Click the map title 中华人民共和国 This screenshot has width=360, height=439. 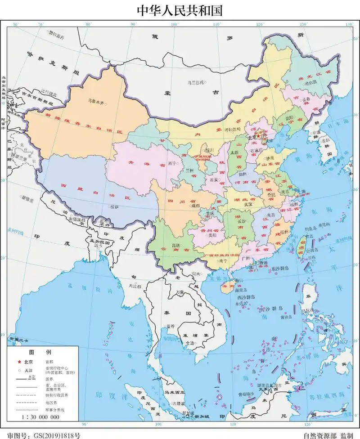[180, 10]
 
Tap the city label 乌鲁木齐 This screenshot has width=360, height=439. [95, 103]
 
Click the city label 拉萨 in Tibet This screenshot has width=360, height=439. [114, 207]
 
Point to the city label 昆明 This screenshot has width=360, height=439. [166, 246]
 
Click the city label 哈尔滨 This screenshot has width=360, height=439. [310, 83]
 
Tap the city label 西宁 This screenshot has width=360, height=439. [172, 163]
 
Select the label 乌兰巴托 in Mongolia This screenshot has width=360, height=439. [195, 82]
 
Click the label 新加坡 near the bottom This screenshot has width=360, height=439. [202, 417]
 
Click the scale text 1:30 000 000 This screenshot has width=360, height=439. [40, 417]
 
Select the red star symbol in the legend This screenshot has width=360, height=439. [19, 362]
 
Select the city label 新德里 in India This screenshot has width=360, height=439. [27, 197]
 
